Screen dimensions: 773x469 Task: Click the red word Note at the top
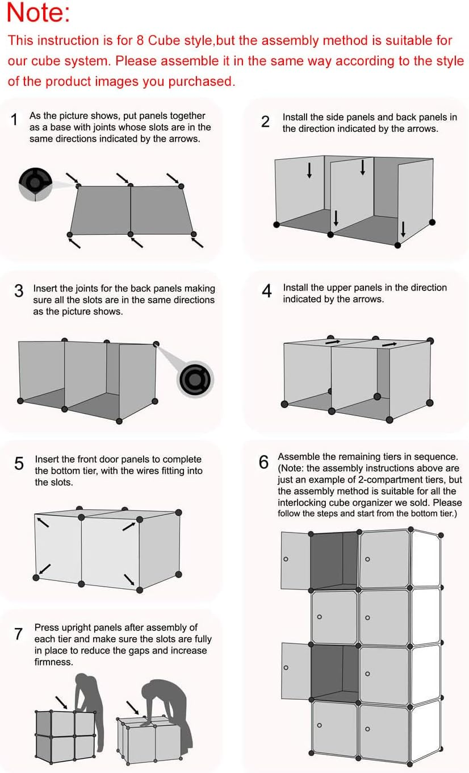[39, 13]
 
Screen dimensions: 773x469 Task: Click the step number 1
[15, 120]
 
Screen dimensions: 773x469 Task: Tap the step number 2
[265, 122]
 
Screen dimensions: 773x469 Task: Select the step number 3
[19, 291]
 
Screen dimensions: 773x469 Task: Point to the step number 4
[266, 291]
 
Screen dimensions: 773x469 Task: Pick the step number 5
[19, 464]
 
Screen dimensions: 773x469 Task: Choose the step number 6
[263, 462]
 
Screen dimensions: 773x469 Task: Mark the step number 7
[19, 633]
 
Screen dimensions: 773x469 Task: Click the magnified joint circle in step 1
[35, 184]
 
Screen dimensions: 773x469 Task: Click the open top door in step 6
[295, 560]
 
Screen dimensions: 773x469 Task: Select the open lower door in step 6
[296, 671]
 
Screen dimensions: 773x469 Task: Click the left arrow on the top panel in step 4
[333, 342]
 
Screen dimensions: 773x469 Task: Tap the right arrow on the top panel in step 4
[389, 344]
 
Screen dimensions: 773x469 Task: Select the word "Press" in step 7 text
[46, 627]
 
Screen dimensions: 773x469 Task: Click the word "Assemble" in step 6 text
[297, 456]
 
